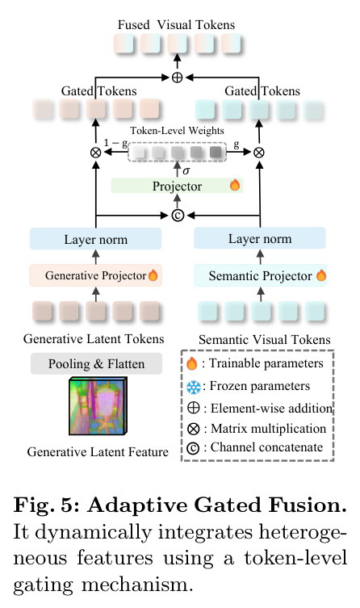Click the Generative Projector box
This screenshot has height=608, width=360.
(95, 275)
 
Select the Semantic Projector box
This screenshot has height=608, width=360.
(260, 275)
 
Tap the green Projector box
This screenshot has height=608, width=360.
(177, 186)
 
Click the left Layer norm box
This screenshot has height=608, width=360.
(95, 239)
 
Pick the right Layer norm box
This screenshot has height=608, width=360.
(260, 238)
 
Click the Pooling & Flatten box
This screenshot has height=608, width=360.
(96, 363)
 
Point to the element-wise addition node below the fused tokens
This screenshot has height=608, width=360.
(177, 78)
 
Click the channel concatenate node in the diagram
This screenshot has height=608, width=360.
(178, 216)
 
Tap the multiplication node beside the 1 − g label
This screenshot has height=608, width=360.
(95, 153)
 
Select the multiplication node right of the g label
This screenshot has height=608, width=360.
(259, 153)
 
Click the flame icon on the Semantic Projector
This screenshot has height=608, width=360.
(321, 275)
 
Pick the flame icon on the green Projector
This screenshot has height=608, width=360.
(235, 185)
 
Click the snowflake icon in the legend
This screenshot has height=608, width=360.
(194, 387)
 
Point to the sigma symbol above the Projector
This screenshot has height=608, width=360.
(186, 170)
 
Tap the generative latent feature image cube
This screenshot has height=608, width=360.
(98, 407)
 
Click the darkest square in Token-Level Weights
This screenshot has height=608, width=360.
(216, 152)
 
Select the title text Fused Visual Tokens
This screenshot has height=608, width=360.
(176, 25)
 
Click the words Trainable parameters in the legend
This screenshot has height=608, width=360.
(266, 363)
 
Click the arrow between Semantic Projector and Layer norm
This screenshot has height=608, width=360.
(261, 256)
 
